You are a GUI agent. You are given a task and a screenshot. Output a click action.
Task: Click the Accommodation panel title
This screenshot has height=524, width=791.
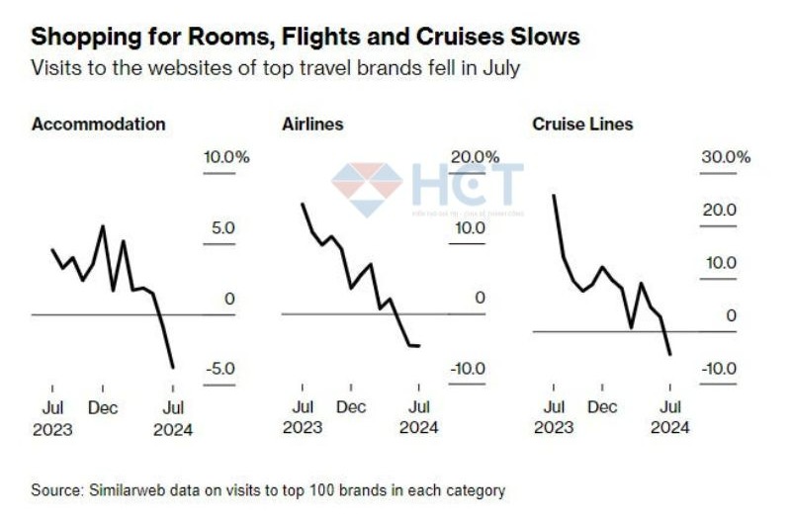click(98, 125)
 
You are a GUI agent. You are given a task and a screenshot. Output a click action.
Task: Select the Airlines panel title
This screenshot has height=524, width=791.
click(312, 125)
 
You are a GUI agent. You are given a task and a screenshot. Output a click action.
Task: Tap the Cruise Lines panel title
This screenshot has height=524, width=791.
click(582, 125)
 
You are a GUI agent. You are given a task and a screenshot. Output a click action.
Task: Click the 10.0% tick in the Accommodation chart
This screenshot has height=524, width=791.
click(226, 157)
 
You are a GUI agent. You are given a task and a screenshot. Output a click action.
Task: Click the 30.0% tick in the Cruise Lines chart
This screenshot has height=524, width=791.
click(727, 157)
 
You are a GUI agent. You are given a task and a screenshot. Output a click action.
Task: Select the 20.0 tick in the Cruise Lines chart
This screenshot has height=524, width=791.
click(718, 211)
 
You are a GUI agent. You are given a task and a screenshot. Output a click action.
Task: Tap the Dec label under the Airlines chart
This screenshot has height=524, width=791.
click(351, 407)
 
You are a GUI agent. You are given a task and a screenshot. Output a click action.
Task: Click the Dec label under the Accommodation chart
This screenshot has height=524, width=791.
click(103, 407)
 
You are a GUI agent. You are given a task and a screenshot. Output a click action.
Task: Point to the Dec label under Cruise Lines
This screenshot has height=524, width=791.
click(601, 407)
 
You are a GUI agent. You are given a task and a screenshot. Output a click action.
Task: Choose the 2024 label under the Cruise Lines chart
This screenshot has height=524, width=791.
click(670, 428)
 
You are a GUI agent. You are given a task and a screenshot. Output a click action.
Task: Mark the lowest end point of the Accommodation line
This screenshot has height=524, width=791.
click(174, 368)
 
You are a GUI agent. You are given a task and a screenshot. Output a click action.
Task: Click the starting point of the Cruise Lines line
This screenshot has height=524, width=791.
click(553, 195)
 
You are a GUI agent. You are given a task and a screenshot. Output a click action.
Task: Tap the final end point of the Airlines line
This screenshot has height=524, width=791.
click(419, 345)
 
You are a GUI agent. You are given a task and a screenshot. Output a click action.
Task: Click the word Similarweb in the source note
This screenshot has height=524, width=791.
click(127, 490)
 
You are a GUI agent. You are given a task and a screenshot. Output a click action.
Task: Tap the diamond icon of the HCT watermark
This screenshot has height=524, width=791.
click(367, 189)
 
